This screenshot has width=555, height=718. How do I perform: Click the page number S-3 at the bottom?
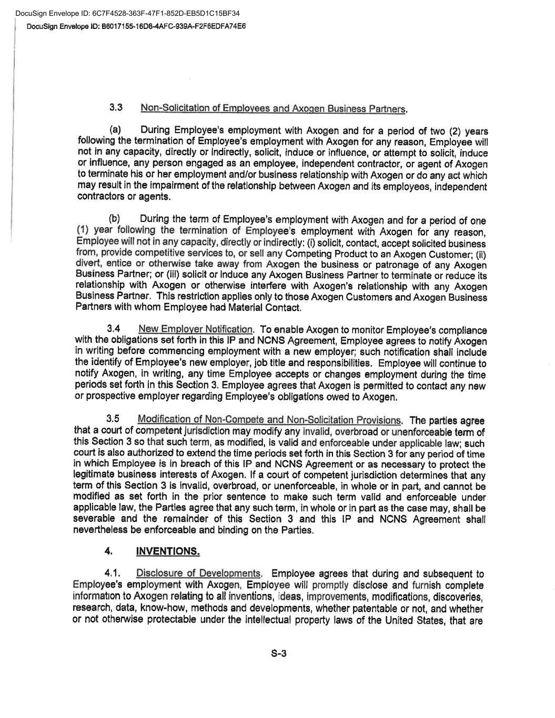pos(278,654)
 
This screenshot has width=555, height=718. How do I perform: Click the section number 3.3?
pos(116,108)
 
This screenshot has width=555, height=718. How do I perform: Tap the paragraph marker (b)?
pos(115,219)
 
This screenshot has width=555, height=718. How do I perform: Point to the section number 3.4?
pos(114,329)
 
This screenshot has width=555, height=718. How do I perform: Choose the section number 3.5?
pos(113,419)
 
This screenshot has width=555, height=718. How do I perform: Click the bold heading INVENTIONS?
pos(168,551)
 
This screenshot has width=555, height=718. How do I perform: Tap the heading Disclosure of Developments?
pos(199,573)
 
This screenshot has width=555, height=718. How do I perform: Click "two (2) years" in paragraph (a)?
pos(462,131)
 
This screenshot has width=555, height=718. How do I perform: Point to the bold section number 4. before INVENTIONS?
pos(108,551)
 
